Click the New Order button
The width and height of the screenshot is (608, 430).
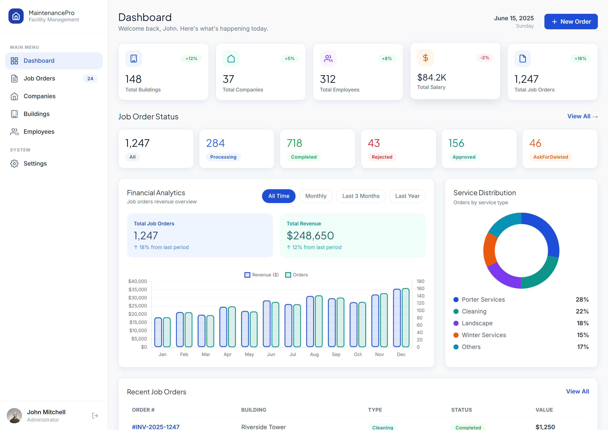(571, 22)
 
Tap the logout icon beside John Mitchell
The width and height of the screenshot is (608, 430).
(95, 415)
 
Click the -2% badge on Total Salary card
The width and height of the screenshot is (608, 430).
(484, 58)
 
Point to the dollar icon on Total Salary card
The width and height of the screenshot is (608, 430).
(425, 58)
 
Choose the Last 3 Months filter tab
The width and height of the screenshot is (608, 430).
(361, 196)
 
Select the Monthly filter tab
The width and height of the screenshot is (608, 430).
(316, 196)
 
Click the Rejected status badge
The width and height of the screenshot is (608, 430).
(382, 157)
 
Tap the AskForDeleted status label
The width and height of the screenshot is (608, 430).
(551, 157)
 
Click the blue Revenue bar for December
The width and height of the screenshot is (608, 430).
(397, 318)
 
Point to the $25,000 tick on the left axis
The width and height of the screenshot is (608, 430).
(137, 306)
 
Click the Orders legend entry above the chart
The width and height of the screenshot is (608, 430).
(297, 275)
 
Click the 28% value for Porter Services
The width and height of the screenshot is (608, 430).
(582, 299)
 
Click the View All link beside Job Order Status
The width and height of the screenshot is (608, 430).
(582, 116)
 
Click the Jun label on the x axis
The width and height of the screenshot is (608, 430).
(271, 354)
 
